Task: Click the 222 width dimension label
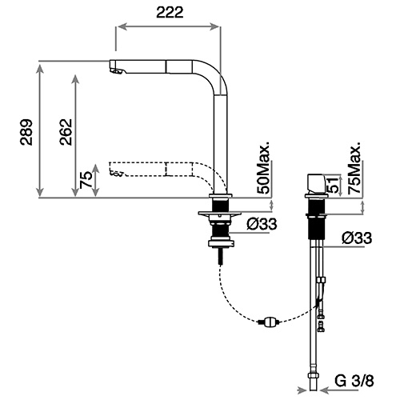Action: pos(170,12)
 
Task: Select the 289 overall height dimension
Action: pos(26,132)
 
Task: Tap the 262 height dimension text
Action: pos(66,132)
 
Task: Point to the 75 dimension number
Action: pos(86,180)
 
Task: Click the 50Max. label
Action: pos(263,167)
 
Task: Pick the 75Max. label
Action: pos(354,167)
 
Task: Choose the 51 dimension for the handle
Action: pos(334,185)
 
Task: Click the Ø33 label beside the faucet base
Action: pos(262,224)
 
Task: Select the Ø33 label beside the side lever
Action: pos(357,238)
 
